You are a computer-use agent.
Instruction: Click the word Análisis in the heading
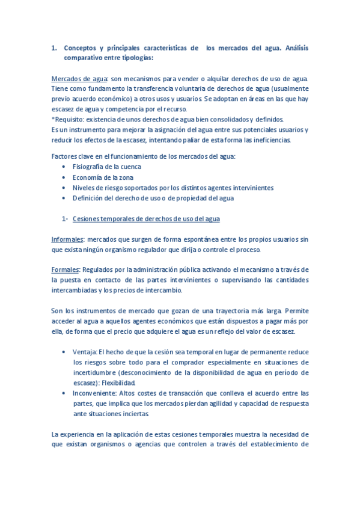pos(295,48)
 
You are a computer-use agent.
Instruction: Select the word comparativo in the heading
pos(85,58)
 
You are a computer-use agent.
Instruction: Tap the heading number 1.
pos(53,48)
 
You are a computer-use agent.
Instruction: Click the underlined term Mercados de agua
pos(79,79)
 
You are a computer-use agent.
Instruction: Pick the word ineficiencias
pos(269,140)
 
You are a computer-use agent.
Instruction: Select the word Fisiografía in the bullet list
pos(92,167)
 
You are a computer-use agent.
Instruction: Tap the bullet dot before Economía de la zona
pos(64,177)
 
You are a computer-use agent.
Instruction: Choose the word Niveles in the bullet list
pos(85,188)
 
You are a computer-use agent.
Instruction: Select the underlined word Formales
pos(66,269)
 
